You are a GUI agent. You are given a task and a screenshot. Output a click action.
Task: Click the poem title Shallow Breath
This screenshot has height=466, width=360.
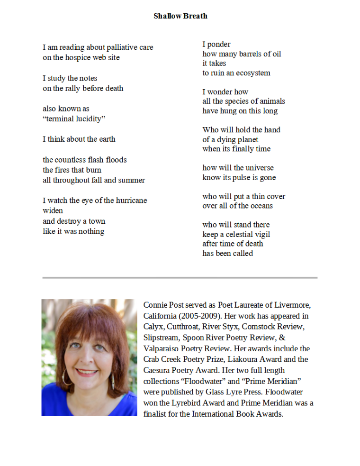coord(180,16)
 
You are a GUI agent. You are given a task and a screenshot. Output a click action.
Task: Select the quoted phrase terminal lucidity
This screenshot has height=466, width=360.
coord(74,119)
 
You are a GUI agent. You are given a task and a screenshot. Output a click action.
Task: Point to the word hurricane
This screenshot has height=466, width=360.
coord(128,201)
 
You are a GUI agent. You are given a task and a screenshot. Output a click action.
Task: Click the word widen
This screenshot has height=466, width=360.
coord(53,210)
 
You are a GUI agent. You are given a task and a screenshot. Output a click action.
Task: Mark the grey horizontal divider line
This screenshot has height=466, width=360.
coord(180,277)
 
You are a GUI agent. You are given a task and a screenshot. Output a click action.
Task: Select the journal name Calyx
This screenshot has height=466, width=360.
coord(153,326)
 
